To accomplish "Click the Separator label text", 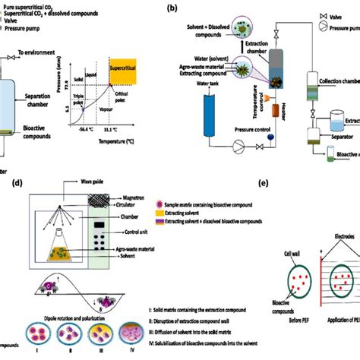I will point(336,137).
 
